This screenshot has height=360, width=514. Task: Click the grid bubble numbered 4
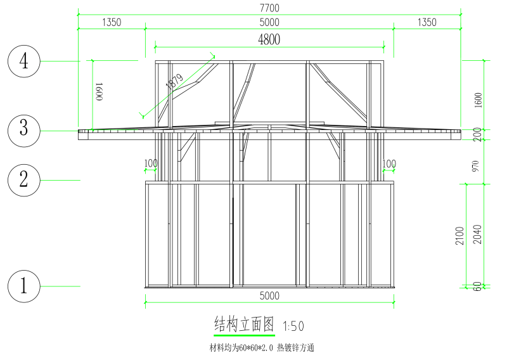tap(24, 61)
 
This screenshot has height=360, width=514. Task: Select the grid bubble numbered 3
tap(24, 129)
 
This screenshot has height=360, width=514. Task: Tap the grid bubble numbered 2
tap(24, 179)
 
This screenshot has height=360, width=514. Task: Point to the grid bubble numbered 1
tap(24, 286)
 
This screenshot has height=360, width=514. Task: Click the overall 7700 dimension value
tap(269, 8)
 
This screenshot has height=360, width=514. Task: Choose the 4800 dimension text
tap(269, 39)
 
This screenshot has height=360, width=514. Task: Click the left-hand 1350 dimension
tap(111, 23)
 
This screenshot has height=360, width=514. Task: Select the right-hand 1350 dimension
tap(427, 23)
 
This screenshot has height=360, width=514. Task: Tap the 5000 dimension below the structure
tap(269, 296)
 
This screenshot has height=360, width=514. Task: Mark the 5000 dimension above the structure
tap(269, 23)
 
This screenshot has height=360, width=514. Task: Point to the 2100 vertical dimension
tap(461, 235)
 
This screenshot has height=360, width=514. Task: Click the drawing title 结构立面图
tap(244, 325)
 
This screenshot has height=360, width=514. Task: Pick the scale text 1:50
tap(293, 326)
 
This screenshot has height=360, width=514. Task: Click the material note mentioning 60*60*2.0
tap(262, 347)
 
